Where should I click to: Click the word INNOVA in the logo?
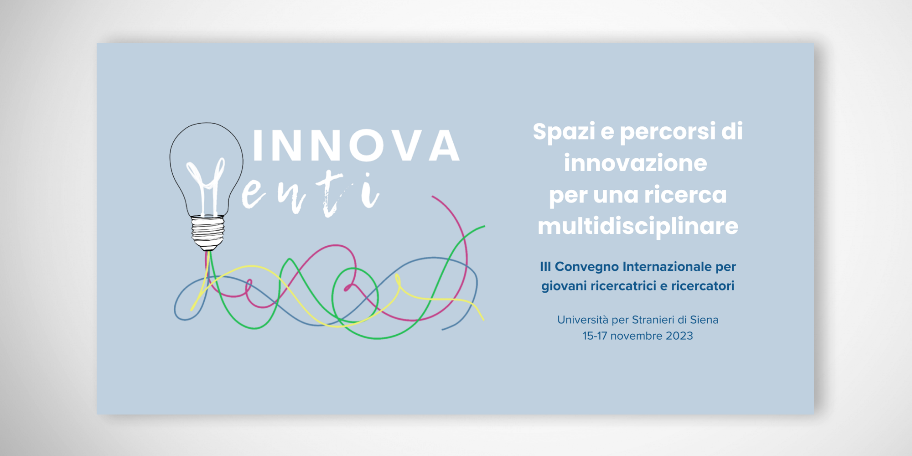(356, 145)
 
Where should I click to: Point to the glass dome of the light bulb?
(206, 169)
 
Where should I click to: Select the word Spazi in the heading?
(564, 132)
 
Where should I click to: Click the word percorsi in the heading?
(668, 132)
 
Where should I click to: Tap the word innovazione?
(635, 163)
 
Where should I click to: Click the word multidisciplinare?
(638, 226)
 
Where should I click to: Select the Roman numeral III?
(545, 266)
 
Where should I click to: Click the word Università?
(583, 320)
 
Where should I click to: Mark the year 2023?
(679, 336)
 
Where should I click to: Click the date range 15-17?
(595, 336)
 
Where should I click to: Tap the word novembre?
(636, 336)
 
